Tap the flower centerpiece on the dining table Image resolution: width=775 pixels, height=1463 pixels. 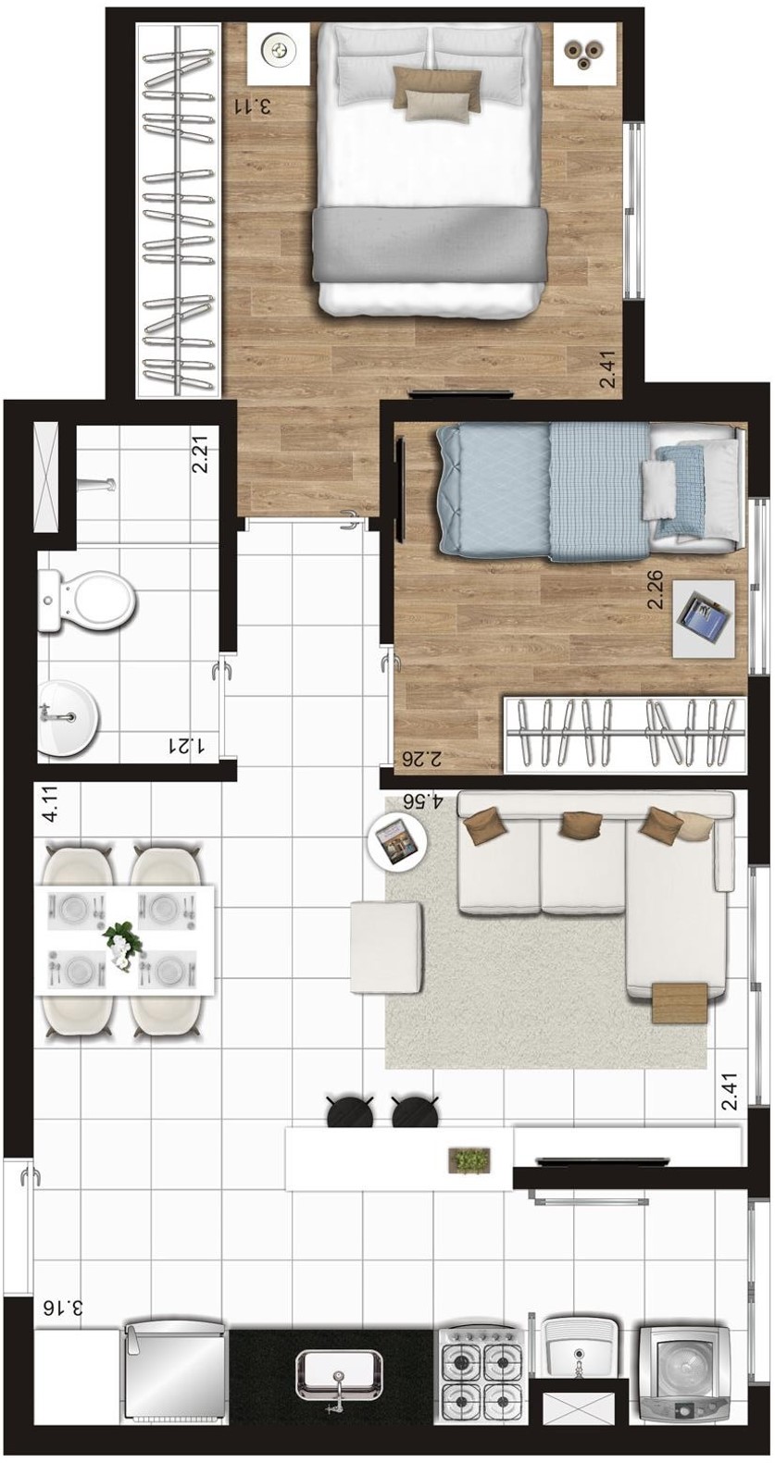[x=121, y=944]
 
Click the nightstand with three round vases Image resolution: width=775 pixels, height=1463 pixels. [x=586, y=55]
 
